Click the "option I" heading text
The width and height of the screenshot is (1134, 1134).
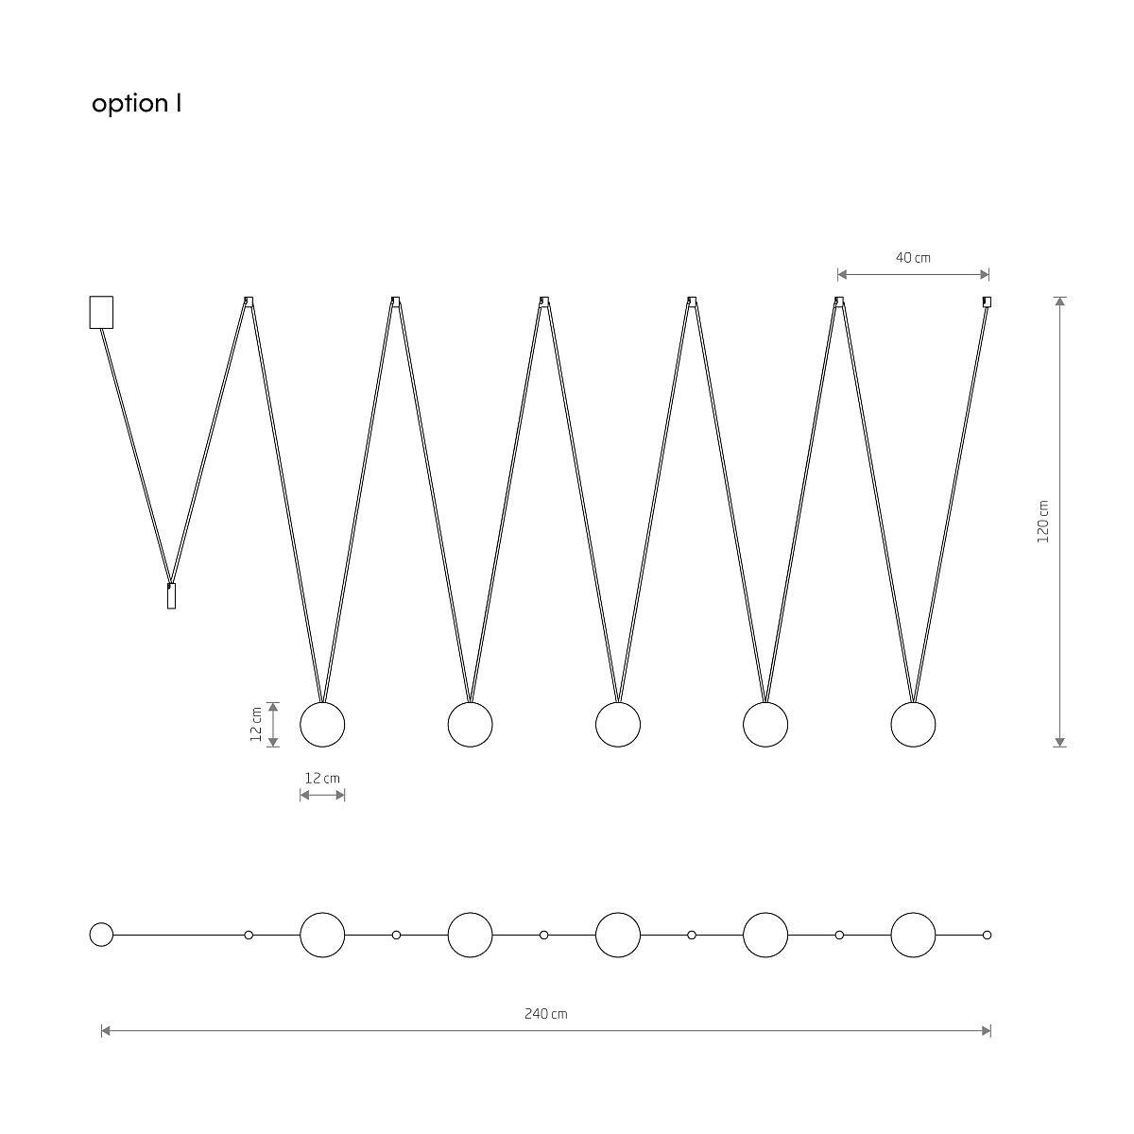point(136,104)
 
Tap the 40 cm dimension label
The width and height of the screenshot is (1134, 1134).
point(913,258)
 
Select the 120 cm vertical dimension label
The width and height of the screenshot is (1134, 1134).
point(1042,522)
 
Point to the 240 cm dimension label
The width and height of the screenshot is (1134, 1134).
point(546,1014)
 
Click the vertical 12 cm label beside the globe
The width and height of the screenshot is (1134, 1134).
point(256,725)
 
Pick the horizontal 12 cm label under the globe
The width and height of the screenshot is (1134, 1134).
point(322,778)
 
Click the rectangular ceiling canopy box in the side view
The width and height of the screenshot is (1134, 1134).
point(101,312)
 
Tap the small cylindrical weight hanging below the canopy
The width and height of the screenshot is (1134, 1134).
point(171,595)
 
